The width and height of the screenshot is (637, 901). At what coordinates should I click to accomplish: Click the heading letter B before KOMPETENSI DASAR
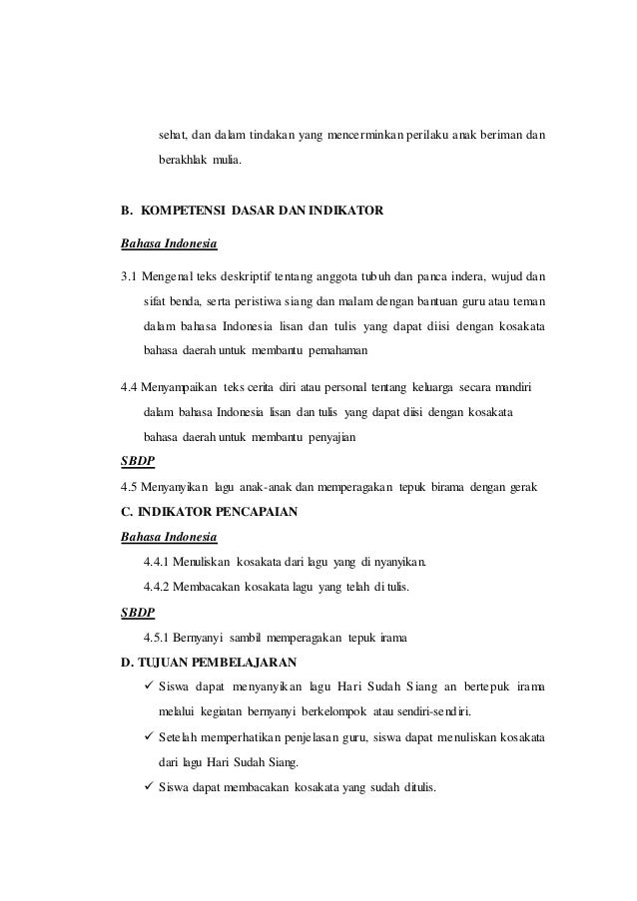[x=125, y=212]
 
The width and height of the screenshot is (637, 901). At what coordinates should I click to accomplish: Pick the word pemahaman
[x=333, y=351]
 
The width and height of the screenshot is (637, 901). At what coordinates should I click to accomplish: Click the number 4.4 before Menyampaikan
[x=130, y=386]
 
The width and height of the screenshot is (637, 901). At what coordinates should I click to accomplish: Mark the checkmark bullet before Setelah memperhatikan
[x=150, y=739]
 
